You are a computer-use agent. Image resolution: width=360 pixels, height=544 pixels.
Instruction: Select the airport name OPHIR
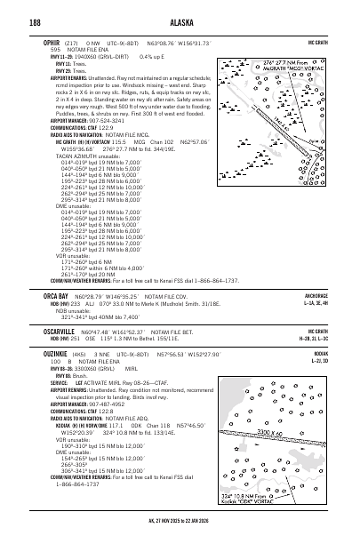[39, 42]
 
